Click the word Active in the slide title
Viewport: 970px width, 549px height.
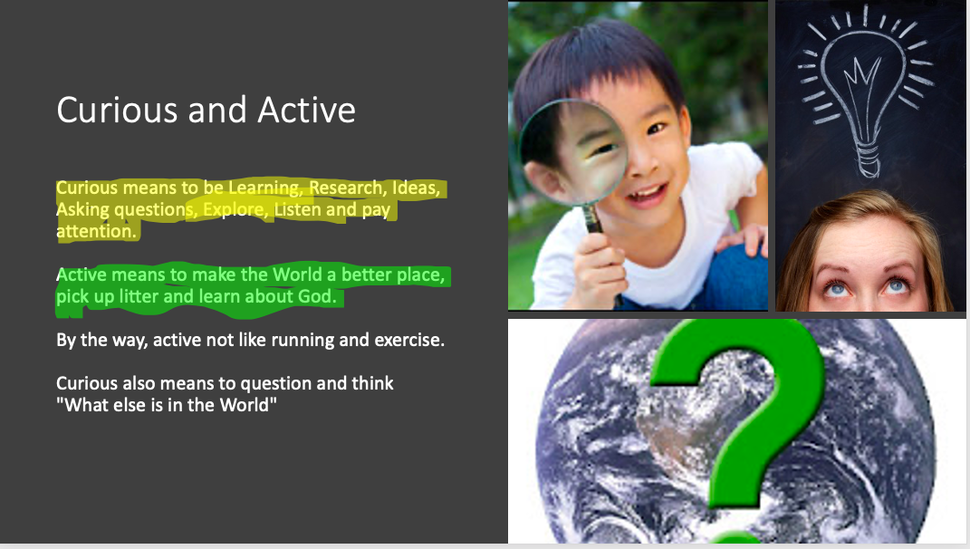click(306, 111)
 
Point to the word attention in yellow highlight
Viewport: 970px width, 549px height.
click(96, 231)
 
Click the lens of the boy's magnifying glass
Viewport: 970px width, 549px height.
click(572, 151)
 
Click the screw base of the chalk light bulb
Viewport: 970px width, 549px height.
click(868, 159)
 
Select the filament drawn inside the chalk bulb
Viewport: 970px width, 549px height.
click(861, 87)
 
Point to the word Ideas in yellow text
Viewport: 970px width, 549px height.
click(416, 188)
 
